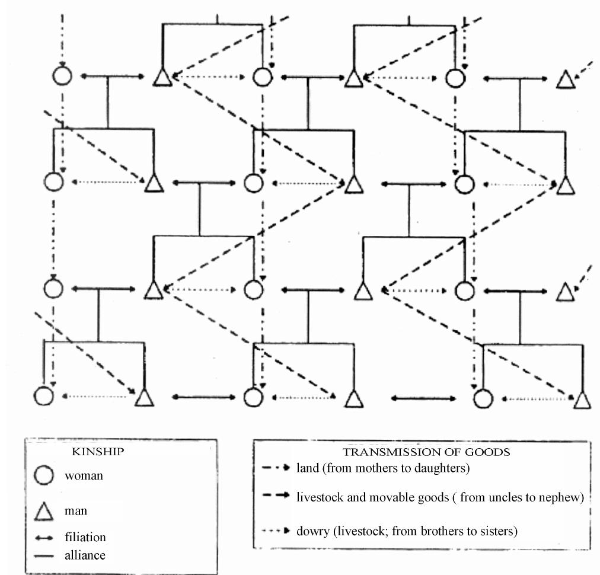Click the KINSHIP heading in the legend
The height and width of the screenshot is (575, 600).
[x=98, y=452]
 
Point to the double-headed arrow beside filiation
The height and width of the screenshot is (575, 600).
[x=44, y=538]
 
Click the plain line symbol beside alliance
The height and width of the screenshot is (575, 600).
[x=44, y=556]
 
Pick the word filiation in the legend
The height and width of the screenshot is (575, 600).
[x=85, y=537]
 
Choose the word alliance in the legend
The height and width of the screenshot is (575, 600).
[x=85, y=555]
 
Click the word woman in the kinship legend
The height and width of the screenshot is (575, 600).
[x=84, y=476]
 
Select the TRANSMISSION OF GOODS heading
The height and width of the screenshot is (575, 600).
[x=426, y=452]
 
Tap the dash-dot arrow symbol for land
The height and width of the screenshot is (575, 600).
[x=276, y=468]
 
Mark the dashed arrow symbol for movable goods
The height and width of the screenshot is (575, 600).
[x=276, y=496]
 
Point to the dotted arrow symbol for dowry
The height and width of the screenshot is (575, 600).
[x=276, y=531]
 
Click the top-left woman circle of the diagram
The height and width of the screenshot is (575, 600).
[x=62, y=75]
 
